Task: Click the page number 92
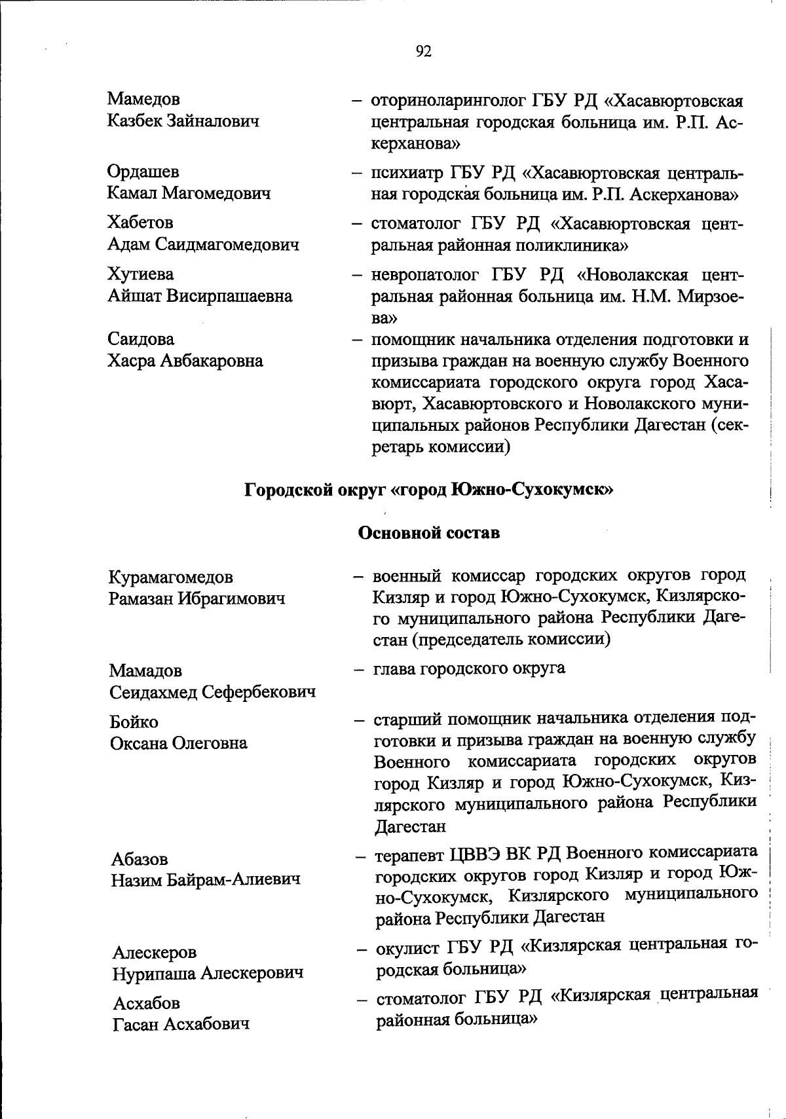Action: pos(424,51)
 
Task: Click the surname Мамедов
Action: pos(143,99)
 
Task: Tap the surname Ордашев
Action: pos(143,172)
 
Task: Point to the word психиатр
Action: pos(406,174)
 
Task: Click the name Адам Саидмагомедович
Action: pos(203,245)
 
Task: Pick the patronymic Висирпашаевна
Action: pos(229,296)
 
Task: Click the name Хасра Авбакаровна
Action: pos(185,360)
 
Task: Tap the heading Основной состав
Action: pos(429,533)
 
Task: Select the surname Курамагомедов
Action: pos(171,578)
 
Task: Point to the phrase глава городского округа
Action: pos(470,669)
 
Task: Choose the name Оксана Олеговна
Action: pos(179,743)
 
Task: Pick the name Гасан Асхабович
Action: pos(181,1024)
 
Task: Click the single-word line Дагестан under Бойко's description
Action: pos(410,826)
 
